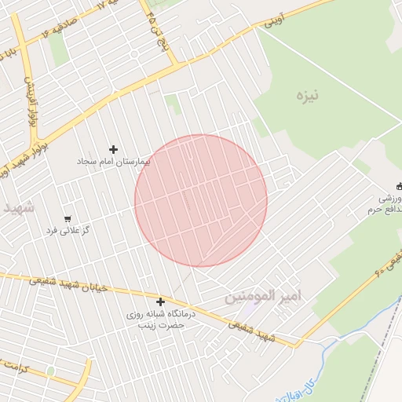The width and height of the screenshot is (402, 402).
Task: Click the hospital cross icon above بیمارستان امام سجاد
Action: tap(114, 149)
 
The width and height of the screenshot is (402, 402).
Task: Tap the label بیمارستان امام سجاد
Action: tap(112, 161)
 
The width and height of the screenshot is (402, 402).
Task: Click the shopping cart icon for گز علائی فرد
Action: tap(68, 219)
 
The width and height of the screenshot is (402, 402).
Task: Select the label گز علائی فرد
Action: tap(68, 230)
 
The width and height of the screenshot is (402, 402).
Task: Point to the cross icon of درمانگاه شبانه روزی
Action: tap(161, 301)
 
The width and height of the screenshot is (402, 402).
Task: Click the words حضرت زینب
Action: tap(160, 324)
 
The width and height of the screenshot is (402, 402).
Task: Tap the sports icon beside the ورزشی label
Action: tap(399, 187)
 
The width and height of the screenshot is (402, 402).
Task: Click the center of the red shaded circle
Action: tap(201, 201)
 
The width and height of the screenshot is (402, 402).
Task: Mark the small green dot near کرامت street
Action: tap(51, 370)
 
